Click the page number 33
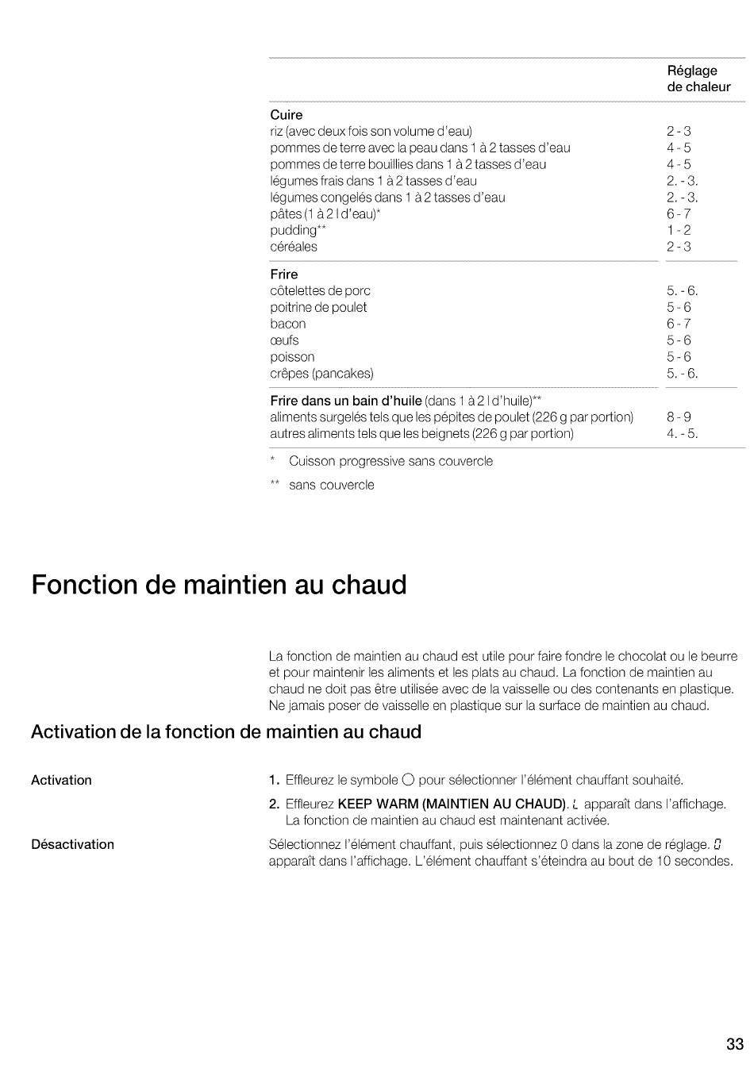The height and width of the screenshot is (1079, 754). click(x=734, y=1044)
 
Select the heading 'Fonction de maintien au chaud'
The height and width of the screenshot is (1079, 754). click(x=219, y=586)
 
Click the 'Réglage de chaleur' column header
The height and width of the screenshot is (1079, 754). click(x=698, y=79)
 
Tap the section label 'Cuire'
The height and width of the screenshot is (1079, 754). click(x=286, y=115)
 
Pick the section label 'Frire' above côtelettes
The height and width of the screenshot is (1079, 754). click(x=283, y=275)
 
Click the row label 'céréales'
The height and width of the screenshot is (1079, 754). click(x=293, y=247)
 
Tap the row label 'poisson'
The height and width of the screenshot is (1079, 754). click(x=292, y=357)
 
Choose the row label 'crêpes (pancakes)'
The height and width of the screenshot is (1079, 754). click(x=321, y=374)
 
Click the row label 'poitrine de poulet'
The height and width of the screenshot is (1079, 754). click(x=318, y=307)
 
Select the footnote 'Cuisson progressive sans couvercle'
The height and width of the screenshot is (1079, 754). click(x=390, y=461)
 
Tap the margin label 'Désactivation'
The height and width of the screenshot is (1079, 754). click(x=72, y=844)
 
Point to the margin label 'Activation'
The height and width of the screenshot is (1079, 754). click(x=61, y=780)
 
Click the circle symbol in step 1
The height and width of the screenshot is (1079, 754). click(x=409, y=780)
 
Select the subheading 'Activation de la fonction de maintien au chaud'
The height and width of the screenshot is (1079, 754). click(x=226, y=731)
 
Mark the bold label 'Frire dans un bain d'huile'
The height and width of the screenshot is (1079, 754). click(x=345, y=401)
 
